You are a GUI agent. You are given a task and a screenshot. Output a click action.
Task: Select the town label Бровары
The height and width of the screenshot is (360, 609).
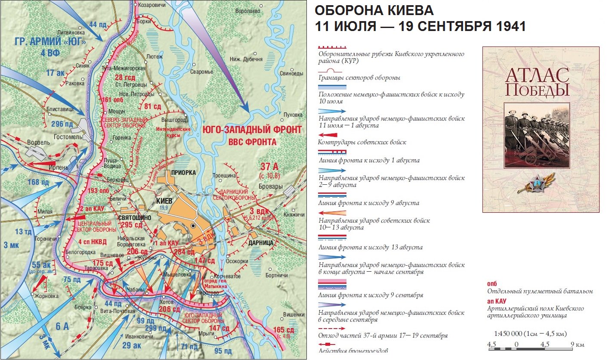point(270,186)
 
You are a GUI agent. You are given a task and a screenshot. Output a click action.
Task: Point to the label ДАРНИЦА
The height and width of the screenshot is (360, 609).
point(261,243)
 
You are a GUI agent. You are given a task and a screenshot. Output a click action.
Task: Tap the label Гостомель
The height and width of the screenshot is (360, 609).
point(68,136)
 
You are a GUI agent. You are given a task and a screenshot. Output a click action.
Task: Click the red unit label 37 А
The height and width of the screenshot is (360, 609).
point(270,167)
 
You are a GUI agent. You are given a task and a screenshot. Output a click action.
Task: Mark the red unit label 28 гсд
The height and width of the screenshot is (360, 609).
point(125,78)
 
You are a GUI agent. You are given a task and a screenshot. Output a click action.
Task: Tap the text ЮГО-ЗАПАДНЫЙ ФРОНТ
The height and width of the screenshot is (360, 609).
point(251,130)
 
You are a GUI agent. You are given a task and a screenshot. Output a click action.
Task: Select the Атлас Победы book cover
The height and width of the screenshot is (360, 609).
point(541,129)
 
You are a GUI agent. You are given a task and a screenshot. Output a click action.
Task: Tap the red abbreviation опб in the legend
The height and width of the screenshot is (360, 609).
point(492,284)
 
